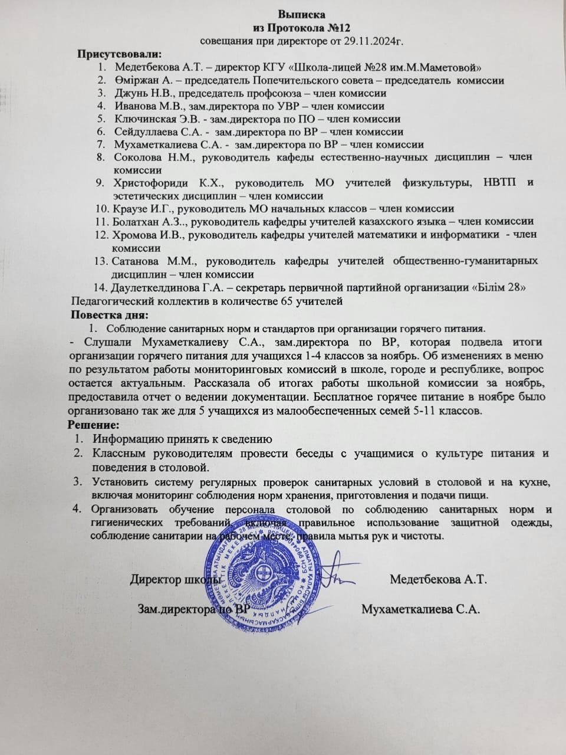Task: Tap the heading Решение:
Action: click(x=93, y=425)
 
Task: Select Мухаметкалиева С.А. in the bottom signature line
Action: click(x=422, y=609)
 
